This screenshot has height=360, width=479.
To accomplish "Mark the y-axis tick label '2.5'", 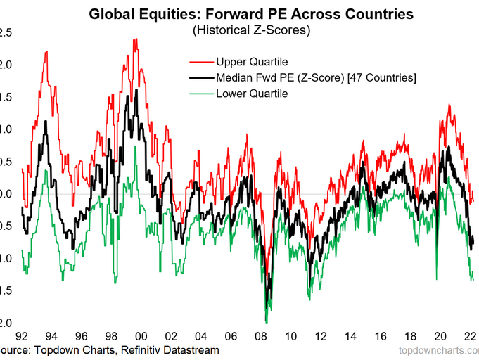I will (4, 32).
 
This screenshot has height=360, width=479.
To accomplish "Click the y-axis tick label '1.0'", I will (4, 129).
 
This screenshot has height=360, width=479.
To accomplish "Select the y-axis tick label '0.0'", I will (4, 193).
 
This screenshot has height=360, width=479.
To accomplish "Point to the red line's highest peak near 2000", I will (134, 39).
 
